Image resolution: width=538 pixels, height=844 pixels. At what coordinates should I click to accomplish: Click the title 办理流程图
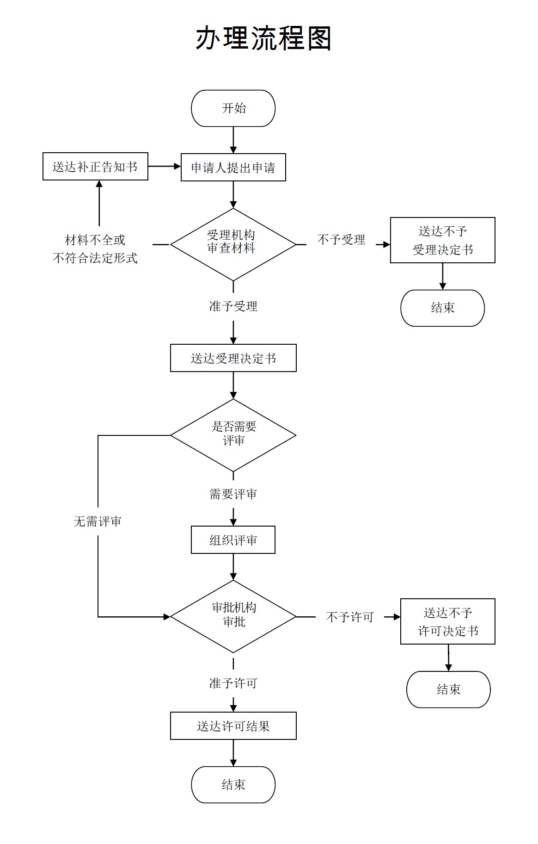coord(263,38)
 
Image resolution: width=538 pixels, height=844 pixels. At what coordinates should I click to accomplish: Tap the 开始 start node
coord(233,108)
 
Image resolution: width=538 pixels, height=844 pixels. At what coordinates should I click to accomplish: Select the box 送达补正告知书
coord(95,167)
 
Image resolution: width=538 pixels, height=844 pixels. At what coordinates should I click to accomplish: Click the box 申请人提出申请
coord(233,168)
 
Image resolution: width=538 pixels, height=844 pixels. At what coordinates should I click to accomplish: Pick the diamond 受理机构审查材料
coord(233,244)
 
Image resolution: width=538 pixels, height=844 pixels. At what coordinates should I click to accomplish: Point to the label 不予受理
coord(341,240)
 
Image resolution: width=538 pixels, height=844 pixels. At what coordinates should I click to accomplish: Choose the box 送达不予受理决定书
coord(442,240)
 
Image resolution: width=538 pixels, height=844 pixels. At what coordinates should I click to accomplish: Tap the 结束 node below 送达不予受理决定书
coord(442,308)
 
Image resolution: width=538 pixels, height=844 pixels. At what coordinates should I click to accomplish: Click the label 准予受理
coord(233,306)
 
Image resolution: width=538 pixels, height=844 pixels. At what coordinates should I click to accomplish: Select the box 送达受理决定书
coord(233,358)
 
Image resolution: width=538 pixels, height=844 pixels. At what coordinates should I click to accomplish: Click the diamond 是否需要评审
coord(233,435)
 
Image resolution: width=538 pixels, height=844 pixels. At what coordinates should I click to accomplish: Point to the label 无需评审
coord(98,521)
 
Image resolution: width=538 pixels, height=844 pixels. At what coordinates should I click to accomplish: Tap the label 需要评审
coord(233,494)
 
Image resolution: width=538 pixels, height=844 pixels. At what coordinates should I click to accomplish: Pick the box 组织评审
coord(233,540)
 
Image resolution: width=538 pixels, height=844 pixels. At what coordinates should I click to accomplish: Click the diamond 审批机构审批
coord(233,616)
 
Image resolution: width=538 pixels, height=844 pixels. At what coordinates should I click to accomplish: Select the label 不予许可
coord(350,617)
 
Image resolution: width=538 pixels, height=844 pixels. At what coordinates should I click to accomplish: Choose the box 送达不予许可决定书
coord(447,621)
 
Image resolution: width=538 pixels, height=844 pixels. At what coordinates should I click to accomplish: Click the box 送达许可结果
coord(233,726)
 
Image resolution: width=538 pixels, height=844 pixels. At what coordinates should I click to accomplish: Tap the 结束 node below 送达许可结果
coord(233,785)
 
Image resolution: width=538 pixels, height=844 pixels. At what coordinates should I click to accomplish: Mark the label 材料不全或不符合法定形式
coord(95,249)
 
